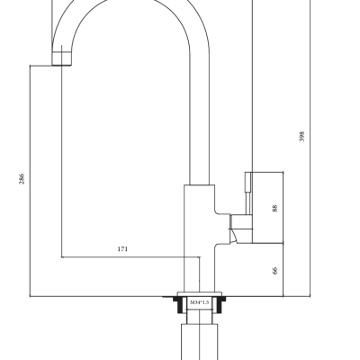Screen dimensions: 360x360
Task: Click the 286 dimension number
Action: tap(22, 179)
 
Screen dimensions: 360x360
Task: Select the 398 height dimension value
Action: tap(301, 136)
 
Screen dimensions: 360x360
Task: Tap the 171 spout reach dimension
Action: tap(122, 249)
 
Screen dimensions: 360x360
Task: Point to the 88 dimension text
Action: tap(274, 208)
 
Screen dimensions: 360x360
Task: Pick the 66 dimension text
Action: tap(274, 270)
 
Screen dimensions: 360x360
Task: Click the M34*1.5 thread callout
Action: tap(199, 302)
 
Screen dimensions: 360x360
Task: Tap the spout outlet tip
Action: tap(62, 58)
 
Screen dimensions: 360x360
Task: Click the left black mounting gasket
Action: tap(180, 304)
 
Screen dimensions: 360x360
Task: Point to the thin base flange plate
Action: tap(200, 294)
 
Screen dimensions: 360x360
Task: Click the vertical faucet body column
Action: tap(199, 238)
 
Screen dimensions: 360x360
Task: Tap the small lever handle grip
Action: tap(248, 193)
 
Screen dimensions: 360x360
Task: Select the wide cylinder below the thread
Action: tap(200, 342)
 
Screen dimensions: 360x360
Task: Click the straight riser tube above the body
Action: tap(200, 120)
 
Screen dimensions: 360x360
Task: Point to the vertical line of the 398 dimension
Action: tap(310, 148)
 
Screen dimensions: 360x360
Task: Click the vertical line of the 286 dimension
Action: tap(31, 181)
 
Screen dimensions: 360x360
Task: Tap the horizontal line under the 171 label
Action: tap(131, 257)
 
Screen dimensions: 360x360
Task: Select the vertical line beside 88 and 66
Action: tap(283, 234)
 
